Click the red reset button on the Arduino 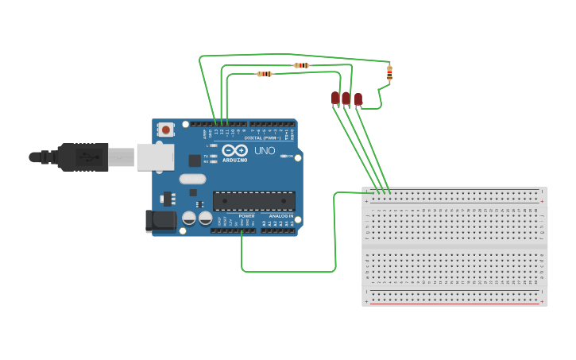coord(165,129)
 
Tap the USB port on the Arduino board coord(155,157)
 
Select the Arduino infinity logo coord(234,150)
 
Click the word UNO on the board coord(265,150)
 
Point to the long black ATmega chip coord(253,201)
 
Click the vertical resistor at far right coord(389,73)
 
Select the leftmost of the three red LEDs coord(335,98)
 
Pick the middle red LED coord(346,99)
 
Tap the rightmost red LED coord(358,99)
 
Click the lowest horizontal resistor coord(265,74)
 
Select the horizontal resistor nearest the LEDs coord(301,65)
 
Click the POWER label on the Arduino coord(246,216)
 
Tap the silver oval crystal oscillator coord(192,179)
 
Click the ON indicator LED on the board coord(284,156)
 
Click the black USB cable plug coord(83,157)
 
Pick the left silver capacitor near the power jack coord(189,218)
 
